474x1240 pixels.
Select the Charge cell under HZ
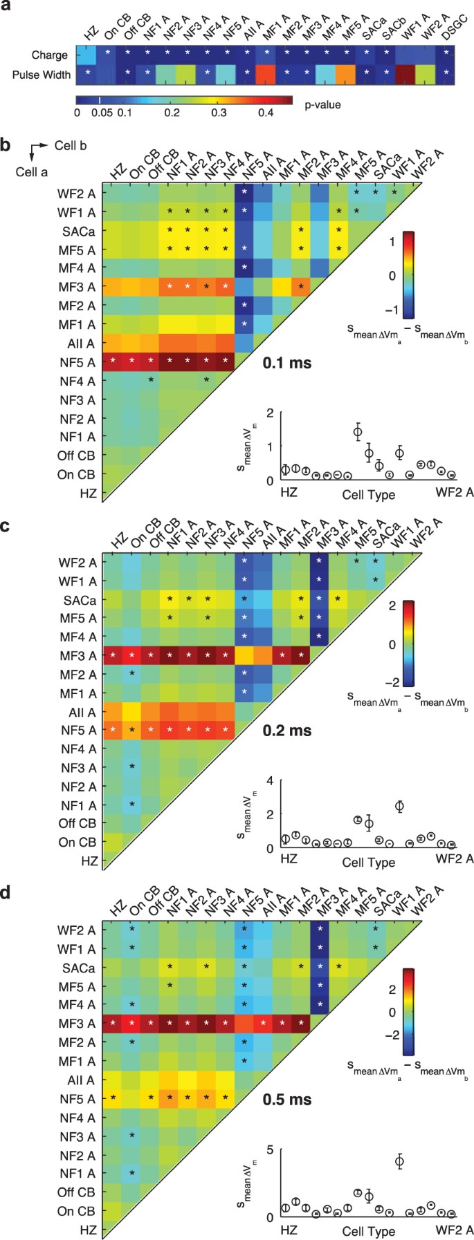86,54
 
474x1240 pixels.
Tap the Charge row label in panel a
50,55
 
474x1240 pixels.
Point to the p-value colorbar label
322,105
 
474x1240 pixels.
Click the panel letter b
6,146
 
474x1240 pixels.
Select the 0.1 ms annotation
287,362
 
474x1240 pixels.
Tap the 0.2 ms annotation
287,731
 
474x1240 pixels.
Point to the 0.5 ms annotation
287,1099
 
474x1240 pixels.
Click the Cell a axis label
32,171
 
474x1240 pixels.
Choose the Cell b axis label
71,146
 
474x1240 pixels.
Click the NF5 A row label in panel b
78,361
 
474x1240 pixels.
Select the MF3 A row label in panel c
78,655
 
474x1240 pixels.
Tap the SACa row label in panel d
80,968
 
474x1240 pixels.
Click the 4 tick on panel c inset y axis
271,780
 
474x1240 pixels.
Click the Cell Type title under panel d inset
369,1231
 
